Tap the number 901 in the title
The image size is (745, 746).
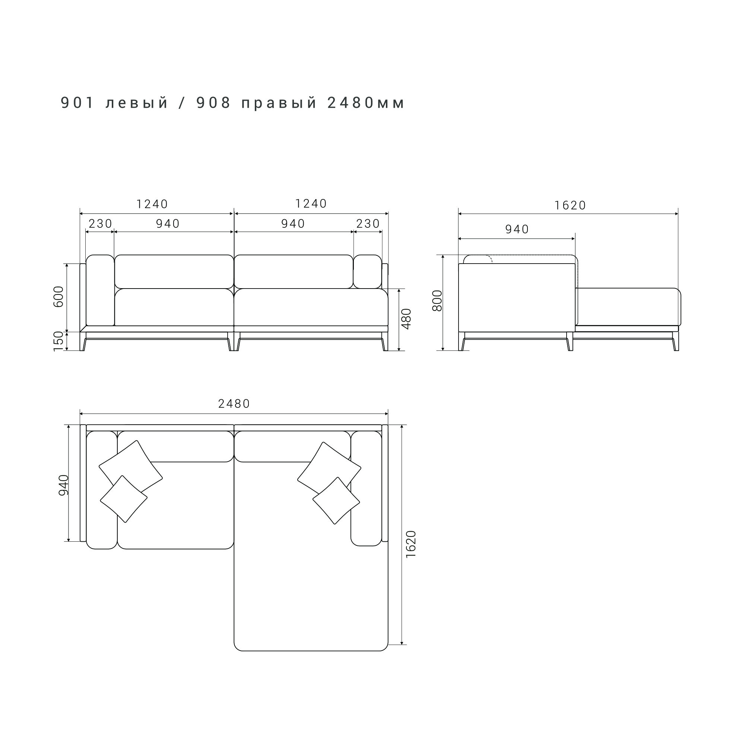pyautogui.click(x=77, y=103)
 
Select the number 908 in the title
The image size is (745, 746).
pyautogui.click(x=214, y=103)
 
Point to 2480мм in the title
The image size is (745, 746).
pyautogui.click(x=366, y=103)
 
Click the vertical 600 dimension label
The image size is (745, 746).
pyautogui.click(x=58, y=296)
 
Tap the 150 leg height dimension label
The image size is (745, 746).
pyautogui.click(x=58, y=341)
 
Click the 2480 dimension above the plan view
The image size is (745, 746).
pyautogui.click(x=234, y=404)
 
